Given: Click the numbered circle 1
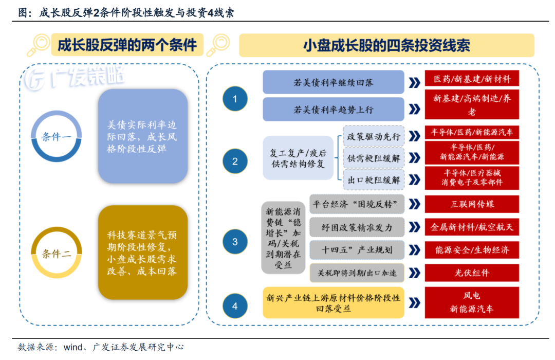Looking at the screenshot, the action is (235, 99).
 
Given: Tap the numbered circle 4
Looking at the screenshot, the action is (235, 306).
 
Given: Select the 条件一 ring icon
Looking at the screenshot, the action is (57, 136).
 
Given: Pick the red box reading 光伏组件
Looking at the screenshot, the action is (472, 273).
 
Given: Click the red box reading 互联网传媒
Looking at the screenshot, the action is (472, 204).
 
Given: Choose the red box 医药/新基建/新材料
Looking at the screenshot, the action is (472, 79).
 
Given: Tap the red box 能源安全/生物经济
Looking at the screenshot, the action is (472, 250).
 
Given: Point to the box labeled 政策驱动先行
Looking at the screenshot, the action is (374, 136).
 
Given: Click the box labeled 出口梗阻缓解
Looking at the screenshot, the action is (374, 180).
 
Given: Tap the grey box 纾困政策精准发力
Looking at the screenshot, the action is (357, 227).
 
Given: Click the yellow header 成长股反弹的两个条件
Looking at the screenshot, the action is (127, 45).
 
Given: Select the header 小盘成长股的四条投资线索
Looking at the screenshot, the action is (386, 45).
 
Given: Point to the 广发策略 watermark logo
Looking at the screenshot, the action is (75, 78).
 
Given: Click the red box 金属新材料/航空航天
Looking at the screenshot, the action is (472, 227).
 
